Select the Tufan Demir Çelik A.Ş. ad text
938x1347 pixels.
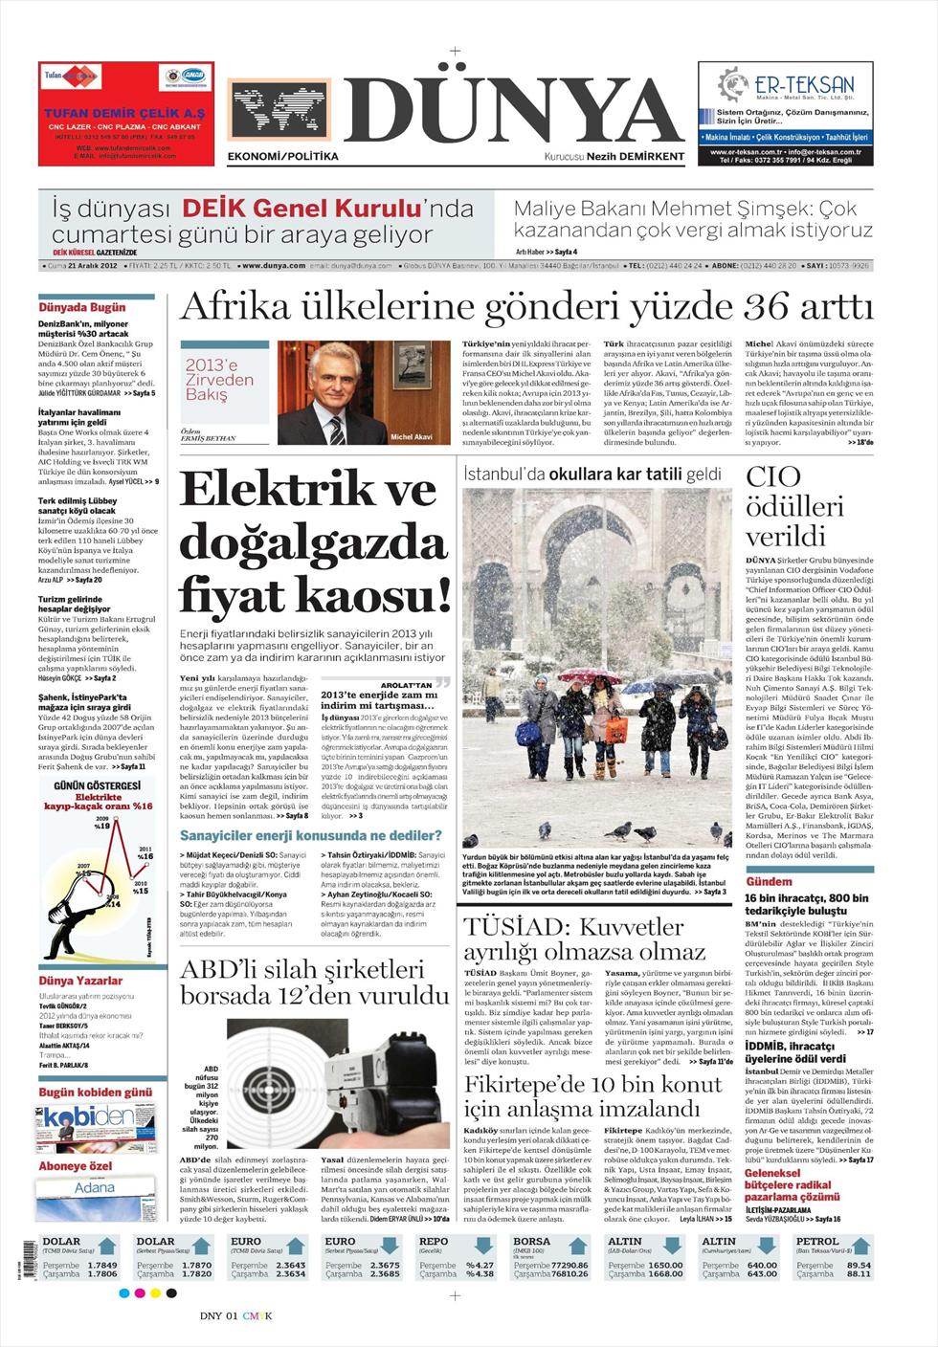click(x=124, y=113)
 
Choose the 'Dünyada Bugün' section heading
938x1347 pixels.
click(x=82, y=308)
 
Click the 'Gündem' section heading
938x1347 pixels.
click(x=769, y=881)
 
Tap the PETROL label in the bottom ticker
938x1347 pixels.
click(x=817, y=1241)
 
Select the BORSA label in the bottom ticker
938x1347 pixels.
click(x=532, y=1241)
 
